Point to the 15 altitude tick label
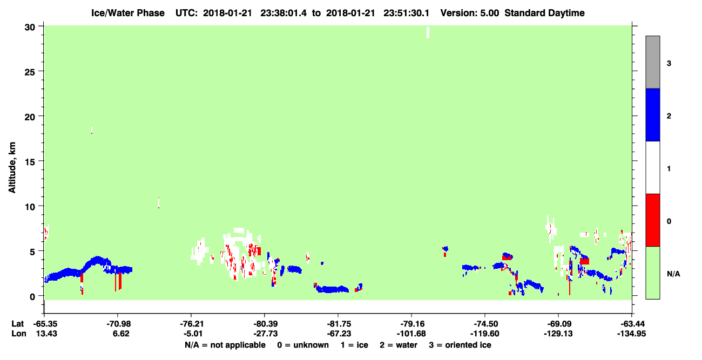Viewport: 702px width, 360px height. pyautogui.click(x=30, y=162)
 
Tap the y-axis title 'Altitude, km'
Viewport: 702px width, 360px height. pyautogui.click(x=12, y=168)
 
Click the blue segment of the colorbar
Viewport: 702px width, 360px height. pyautogui.click(x=653, y=114)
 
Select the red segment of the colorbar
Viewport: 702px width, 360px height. pyautogui.click(x=653, y=220)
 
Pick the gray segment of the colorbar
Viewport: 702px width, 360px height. pyautogui.click(x=653, y=62)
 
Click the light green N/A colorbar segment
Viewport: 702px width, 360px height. pyautogui.click(x=653, y=273)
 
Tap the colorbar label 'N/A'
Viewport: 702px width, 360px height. pyautogui.click(x=673, y=274)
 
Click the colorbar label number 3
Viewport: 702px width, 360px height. pyautogui.click(x=669, y=64)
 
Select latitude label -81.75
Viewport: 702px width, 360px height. pyautogui.click(x=338, y=324)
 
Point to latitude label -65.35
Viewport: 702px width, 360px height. pyautogui.click(x=45, y=324)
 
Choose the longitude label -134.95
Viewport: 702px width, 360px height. pyautogui.click(x=631, y=334)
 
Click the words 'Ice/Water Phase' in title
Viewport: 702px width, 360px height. pyautogui.click(x=128, y=13)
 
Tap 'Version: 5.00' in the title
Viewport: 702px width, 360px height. pyautogui.click(x=470, y=13)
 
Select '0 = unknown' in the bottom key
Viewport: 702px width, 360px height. pyautogui.click(x=303, y=345)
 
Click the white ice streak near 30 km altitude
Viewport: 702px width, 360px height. pyautogui.click(x=428, y=32)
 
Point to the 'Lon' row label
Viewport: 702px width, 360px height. pyautogui.click(x=19, y=334)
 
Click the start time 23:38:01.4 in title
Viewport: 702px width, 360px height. pyautogui.click(x=283, y=13)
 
